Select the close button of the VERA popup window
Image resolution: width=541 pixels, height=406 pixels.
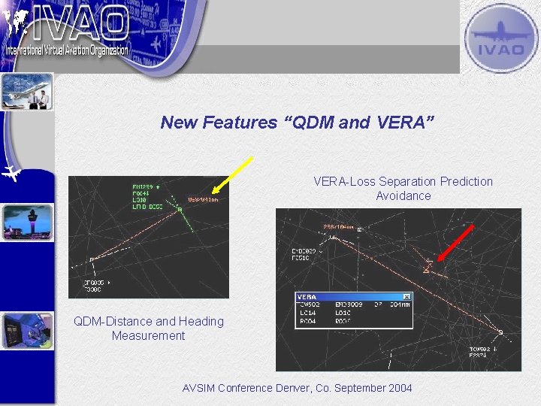tap(407, 297)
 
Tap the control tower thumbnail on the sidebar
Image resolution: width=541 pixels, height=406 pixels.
tap(28, 223)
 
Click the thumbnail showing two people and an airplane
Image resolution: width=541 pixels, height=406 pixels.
tap(28, 92)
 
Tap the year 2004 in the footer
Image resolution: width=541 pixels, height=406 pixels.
tap(398, 388)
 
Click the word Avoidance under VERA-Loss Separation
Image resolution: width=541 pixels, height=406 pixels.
tap(403, 195)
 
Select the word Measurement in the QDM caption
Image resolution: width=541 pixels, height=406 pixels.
tap(148, 335)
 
